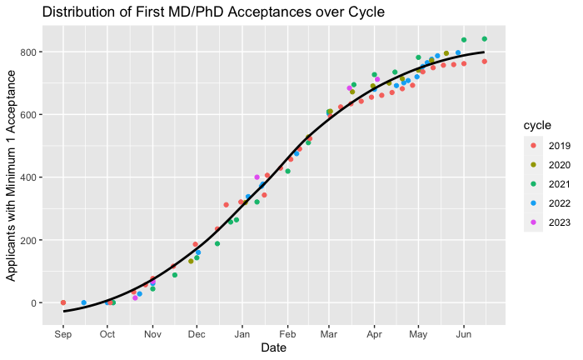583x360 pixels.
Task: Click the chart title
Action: click(x=213, y=12)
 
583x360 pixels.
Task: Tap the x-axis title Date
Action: click(x=274, y=347)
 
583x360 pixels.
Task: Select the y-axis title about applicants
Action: click(x=11, y=176)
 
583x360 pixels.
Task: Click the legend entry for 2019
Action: click(x=547, y=146)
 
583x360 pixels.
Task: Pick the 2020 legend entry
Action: click(x=547, y=165)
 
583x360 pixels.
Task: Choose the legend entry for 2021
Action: click(x=547, y=184)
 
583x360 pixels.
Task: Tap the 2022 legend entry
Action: click(x=547, y=203)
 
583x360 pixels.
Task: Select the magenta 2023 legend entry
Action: click(x=547, y=222)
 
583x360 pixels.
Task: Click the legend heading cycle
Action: click(x=537, y=125)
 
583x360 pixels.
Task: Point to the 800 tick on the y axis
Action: click(x=29, y=52)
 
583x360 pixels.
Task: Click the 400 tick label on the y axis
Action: click(x=29, y=177)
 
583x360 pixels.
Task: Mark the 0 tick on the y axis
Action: click(x=34, y=303)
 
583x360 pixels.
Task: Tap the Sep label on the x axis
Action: click(x=62, y=334)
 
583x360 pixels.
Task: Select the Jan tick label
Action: click(x=242, y=334)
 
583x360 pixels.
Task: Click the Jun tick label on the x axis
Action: click(x=464, y=334)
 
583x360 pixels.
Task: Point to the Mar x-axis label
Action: click(x=329, y=334)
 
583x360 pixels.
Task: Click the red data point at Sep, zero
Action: click(x=63, y=302)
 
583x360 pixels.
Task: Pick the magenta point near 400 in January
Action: click(x=257, y=177)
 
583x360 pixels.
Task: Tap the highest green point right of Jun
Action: click(x=485, y=39)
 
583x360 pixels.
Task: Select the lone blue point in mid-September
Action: click(x=83, y=302)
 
